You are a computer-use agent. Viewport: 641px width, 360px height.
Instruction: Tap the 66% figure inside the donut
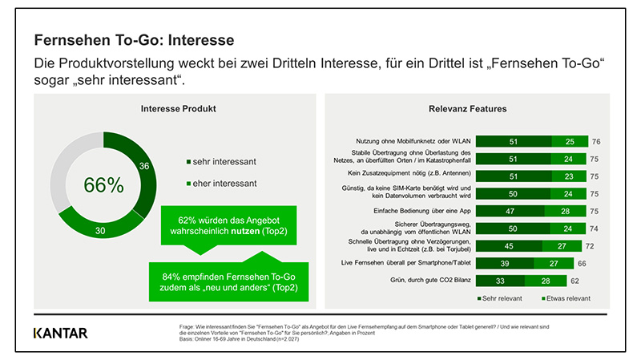104,184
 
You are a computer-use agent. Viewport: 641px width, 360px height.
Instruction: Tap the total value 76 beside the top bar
596,141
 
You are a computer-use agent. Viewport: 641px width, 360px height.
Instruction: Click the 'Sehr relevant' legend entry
502,298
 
